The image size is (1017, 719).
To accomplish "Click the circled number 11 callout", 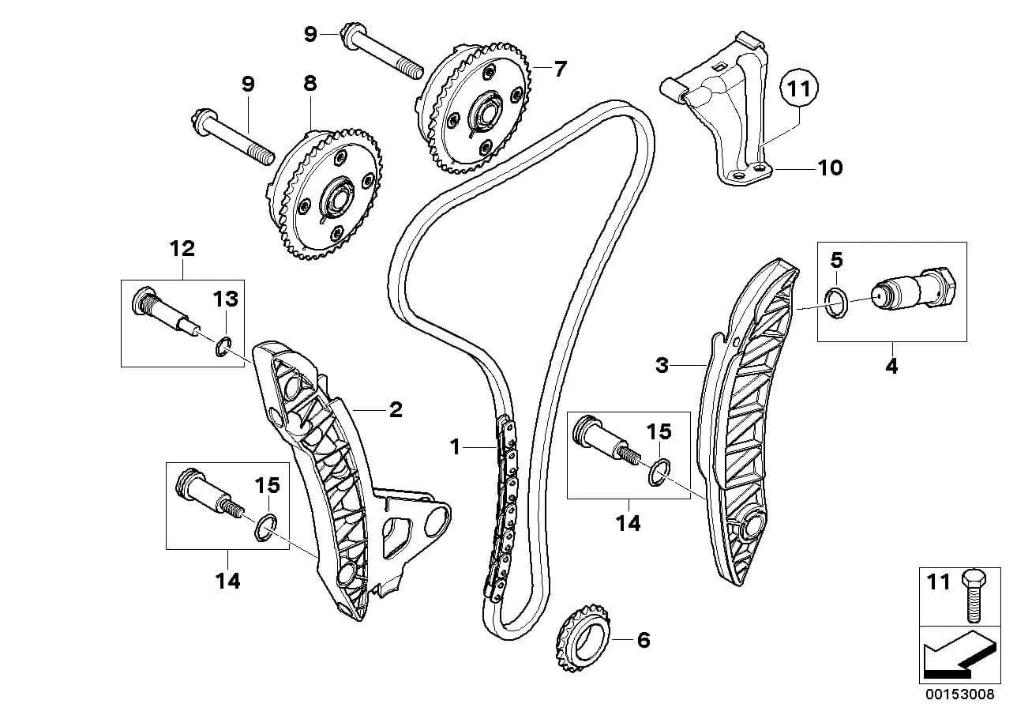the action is [799, 88].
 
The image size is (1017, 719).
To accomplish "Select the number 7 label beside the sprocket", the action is [561, 69].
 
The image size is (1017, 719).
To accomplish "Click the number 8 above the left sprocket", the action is [310, 84].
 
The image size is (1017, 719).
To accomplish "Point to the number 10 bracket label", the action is [830, 168].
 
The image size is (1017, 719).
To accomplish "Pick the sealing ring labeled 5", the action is [836, 303].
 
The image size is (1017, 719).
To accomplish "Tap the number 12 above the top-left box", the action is [182, 248].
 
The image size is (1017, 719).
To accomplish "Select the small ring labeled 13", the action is [223, 347].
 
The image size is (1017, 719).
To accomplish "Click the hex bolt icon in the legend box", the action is [974, 596].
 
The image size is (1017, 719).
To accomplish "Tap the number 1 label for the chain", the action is [455, 447].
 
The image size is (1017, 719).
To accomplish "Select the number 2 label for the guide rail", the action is [396, 410].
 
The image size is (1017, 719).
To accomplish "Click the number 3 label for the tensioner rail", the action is [662, 365].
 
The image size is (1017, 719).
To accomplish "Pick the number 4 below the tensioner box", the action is [891, 366].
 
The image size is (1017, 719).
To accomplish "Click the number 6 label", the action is [644, 641].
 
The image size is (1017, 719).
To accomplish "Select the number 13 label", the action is [226, 299].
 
